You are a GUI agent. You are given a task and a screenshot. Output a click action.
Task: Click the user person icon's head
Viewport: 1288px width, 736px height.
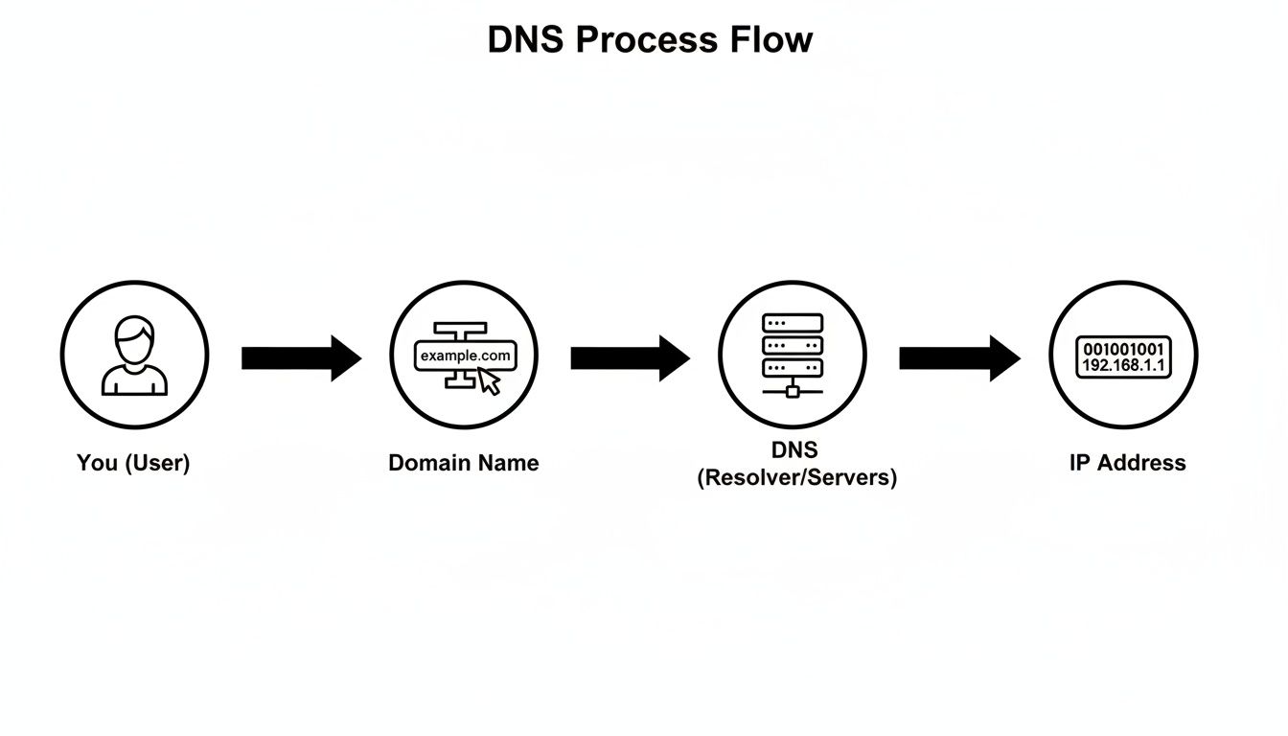134,339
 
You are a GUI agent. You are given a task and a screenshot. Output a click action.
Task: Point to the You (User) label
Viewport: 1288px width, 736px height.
133,463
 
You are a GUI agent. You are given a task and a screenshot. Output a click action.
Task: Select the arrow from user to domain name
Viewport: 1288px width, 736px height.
300,358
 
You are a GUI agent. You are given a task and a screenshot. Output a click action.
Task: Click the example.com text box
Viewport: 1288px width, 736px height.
465,356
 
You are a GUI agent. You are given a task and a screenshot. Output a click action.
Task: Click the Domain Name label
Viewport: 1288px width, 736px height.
464,463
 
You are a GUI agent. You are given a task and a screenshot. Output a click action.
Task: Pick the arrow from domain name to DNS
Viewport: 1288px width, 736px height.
630,358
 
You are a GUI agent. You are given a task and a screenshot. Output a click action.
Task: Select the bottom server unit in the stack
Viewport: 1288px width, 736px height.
793,368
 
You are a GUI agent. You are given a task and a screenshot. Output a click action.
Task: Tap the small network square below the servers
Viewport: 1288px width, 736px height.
793,390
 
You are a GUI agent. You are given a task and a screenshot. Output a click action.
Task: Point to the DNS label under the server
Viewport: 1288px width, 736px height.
794,450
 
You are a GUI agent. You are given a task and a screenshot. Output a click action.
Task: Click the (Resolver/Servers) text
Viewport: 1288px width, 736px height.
796,477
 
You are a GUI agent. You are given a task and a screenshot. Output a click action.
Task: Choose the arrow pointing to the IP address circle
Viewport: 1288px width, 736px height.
958,358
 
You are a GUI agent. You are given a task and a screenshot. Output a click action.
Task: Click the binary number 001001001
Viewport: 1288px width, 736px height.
1123,349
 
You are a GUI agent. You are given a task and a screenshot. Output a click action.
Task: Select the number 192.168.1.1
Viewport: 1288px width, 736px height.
1123,366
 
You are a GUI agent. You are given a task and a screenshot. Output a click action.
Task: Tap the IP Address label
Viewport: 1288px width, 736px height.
1127,463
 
